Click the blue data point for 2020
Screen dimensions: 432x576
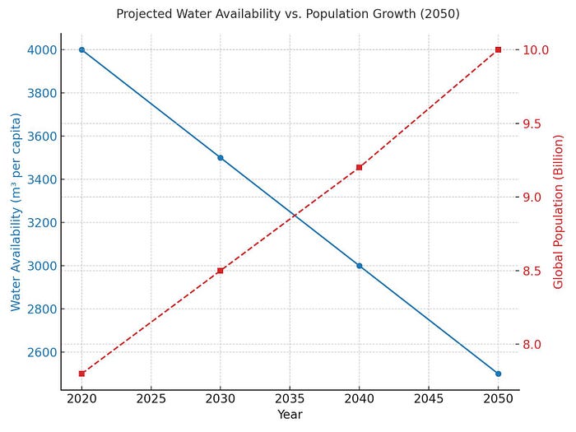point(81,49)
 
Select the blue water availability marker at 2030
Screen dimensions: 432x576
point(221,157)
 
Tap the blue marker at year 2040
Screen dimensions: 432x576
point(360,266)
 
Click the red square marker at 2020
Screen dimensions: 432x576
point(81,374)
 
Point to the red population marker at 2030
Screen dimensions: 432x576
point(221,271)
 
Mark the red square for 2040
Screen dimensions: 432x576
point(360,167)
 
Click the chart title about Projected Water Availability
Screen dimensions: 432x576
point(288,14)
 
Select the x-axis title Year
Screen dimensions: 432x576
point(290,415)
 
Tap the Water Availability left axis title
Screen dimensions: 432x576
point(16,211)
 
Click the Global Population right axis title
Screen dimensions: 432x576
point(559,211)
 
